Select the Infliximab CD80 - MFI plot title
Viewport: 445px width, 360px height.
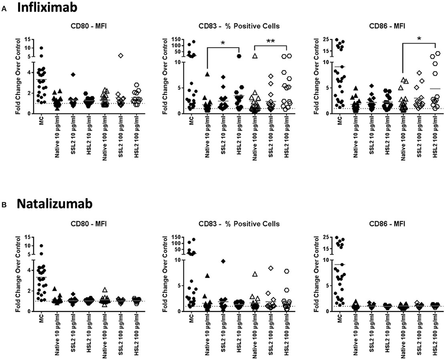[x=78, y=26]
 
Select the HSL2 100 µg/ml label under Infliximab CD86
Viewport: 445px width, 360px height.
[x=438, y=135]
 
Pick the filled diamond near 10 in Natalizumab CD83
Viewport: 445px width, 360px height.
[x=223, y=261]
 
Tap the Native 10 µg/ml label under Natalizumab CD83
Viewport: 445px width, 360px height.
[x=208, y=333]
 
